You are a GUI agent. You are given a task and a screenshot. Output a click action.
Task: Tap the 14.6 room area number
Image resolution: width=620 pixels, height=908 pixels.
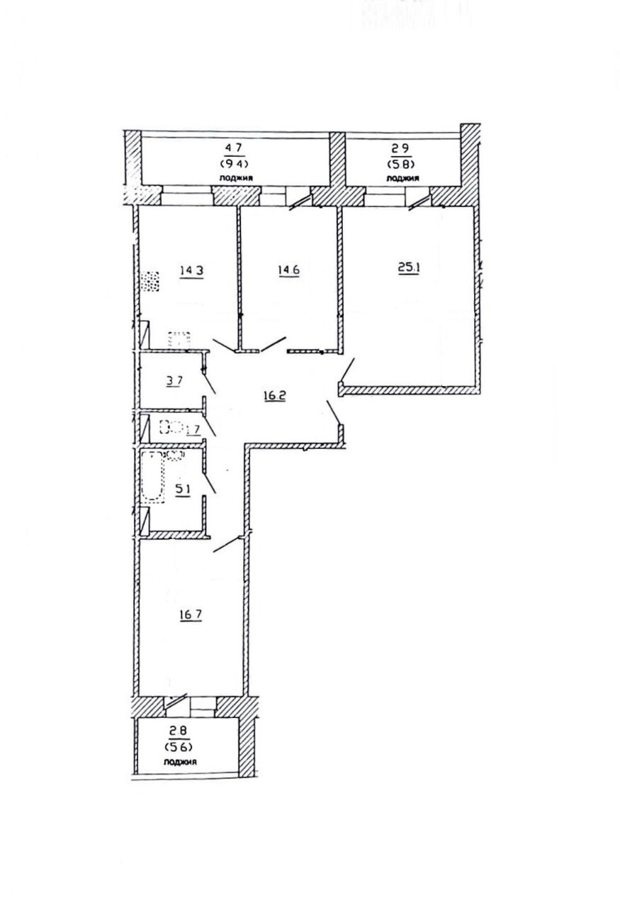pos(288,270)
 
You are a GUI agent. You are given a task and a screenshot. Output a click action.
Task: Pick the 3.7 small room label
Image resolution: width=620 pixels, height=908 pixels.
pos(174,380)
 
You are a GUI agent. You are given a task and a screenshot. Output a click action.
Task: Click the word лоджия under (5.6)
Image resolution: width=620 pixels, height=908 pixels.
pos(179,762)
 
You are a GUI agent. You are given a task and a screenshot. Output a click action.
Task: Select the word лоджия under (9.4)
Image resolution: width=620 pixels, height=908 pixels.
pos(236,177)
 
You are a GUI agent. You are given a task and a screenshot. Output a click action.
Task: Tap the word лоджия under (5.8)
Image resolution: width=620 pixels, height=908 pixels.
pos(403,178)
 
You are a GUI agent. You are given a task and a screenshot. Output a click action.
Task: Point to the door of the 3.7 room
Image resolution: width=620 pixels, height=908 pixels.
pos(209,383)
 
